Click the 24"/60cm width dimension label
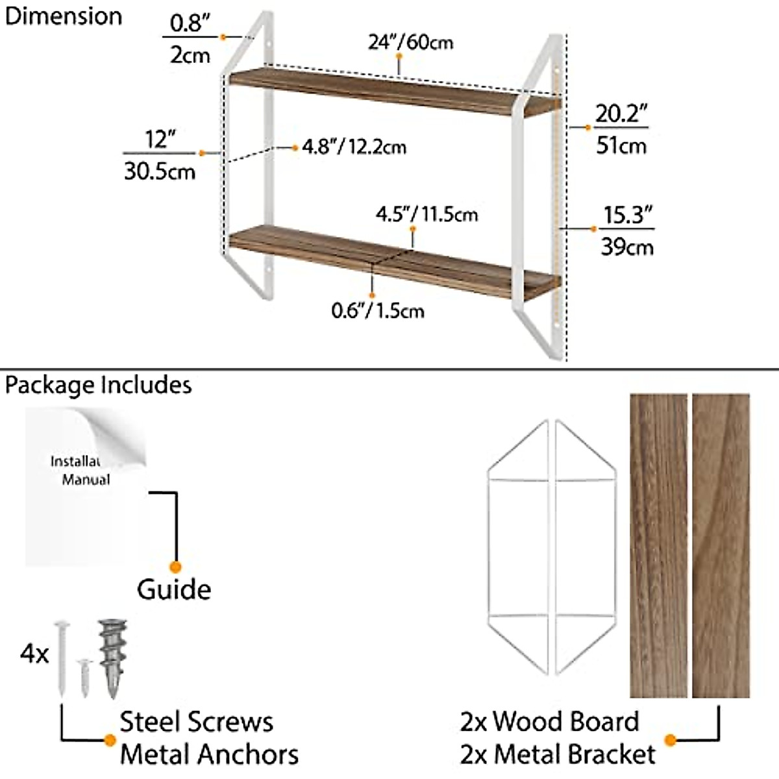410,42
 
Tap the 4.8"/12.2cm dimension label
354,147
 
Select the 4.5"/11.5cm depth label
427,214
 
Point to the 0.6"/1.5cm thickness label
378,310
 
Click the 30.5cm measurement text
160,171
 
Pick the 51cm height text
621,145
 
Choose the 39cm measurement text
626,247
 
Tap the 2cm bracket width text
190,55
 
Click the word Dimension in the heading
63,16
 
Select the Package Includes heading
98,385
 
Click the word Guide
174,589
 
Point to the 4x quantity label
34,654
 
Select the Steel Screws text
197,722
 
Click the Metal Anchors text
209,754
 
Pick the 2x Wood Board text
549,722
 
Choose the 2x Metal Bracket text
558,754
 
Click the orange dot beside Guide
175,567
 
